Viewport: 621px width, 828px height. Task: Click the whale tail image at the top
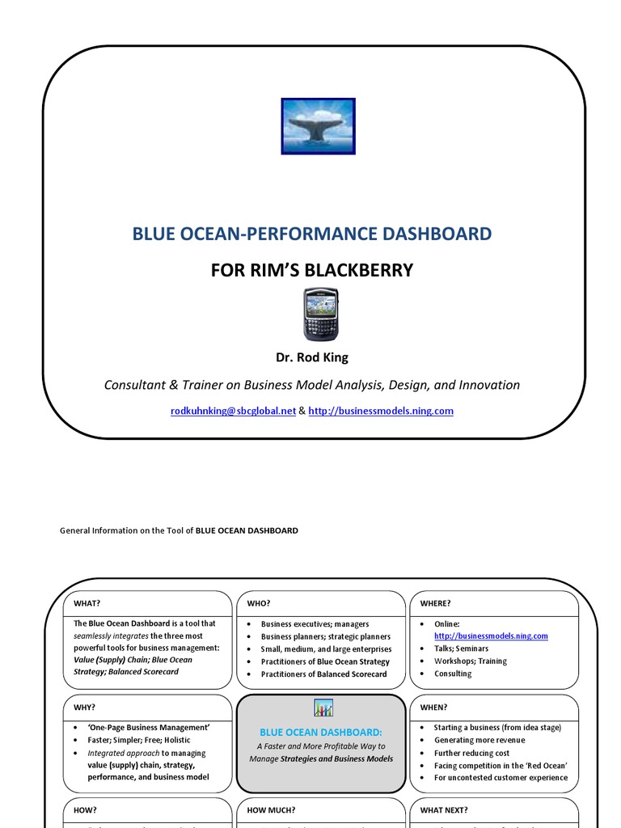point(318,126)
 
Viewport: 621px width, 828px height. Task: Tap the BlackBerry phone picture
point(321,314)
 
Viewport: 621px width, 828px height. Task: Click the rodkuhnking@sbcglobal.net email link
point(233,411)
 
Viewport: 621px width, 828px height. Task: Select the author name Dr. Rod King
point(311,357)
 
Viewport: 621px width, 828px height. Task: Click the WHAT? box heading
point(87,603)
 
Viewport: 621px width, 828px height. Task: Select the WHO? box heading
point(259,603)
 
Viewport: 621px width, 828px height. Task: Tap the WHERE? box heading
point(436,603)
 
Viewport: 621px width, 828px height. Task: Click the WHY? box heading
point(85,707)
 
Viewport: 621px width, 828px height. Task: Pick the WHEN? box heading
point(434,707)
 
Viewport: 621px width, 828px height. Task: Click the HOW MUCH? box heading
point(271,810)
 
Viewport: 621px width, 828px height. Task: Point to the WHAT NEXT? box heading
point(444,810)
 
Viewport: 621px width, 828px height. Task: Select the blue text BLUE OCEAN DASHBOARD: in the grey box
point(321,731)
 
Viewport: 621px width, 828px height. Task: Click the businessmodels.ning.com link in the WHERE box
point(491,636)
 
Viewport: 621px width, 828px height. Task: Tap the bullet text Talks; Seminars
point(461,648)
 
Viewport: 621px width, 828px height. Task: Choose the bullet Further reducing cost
point(471,753)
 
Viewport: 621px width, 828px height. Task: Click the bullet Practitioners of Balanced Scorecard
point(323,674)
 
